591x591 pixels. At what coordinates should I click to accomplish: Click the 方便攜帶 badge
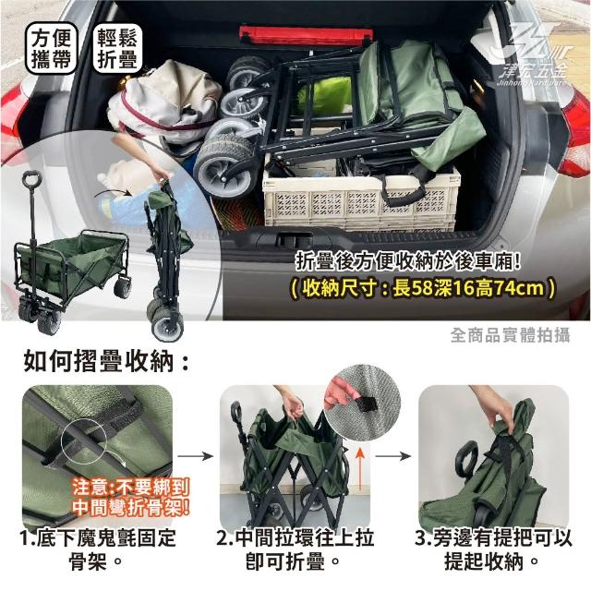point(52,49)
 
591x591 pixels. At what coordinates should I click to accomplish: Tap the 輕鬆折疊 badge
point(117,48)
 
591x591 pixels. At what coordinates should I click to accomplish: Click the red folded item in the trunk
point(306,36)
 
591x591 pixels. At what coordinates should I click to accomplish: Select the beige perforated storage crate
point(361,199)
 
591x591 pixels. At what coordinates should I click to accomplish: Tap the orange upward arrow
point(361,469)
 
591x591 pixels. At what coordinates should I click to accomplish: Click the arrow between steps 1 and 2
point(195,456)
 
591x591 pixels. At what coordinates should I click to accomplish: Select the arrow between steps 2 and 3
point(393,456)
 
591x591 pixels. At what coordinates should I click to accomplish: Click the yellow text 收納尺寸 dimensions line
point(423,289)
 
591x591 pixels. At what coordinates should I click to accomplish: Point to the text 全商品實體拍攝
point(511,335)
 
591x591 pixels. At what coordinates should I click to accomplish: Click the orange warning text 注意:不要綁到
point(130,488)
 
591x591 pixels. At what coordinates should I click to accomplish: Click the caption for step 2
point(295,550)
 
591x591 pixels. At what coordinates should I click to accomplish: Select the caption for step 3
point(493,550)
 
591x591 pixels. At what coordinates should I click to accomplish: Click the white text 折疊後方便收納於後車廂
point(408,262)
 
